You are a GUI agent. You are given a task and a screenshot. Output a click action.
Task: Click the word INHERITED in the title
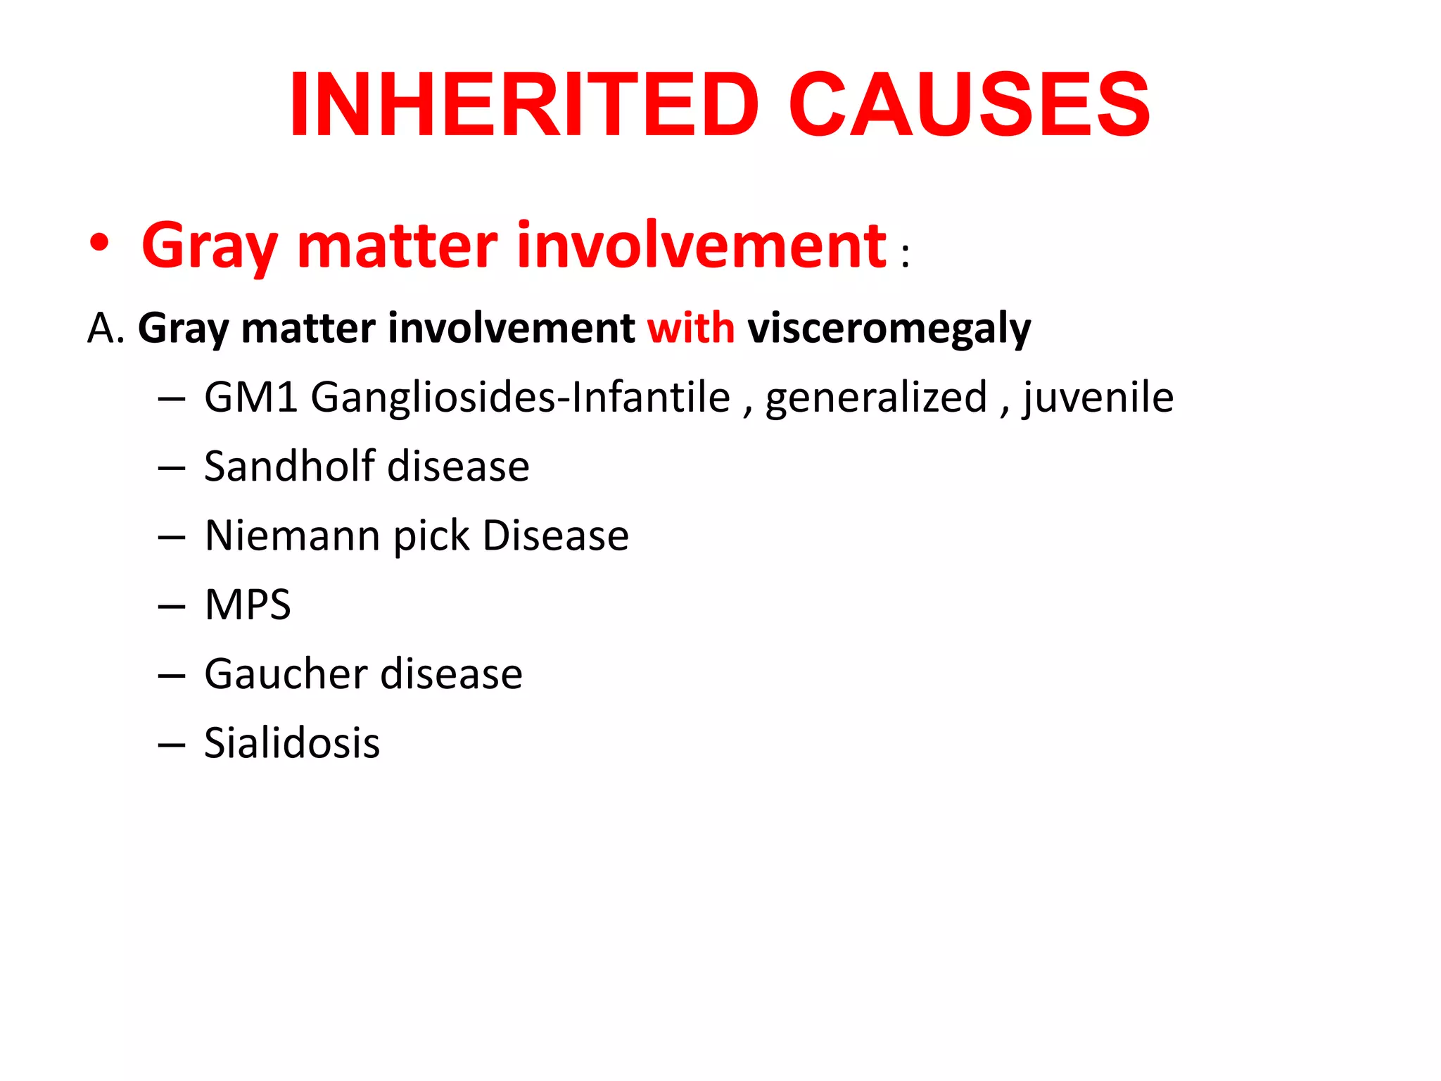point(524,105)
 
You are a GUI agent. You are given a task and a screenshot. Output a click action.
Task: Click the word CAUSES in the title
point(969,105)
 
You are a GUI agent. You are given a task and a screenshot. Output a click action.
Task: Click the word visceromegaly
point(889,329)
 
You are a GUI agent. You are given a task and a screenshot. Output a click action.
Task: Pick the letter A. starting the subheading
point(106,329)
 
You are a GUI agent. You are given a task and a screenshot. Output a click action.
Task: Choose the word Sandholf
point(289,466)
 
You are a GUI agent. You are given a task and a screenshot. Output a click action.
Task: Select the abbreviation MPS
point(248,605)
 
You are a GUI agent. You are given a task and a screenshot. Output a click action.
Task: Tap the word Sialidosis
point(292,743)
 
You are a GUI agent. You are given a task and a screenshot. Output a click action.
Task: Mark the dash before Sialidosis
point(172,745)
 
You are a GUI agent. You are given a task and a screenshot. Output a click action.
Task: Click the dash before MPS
point(172,606)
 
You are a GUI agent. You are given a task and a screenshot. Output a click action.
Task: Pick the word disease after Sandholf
point(458,466)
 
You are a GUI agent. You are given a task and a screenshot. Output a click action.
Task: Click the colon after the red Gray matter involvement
point(905,255)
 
